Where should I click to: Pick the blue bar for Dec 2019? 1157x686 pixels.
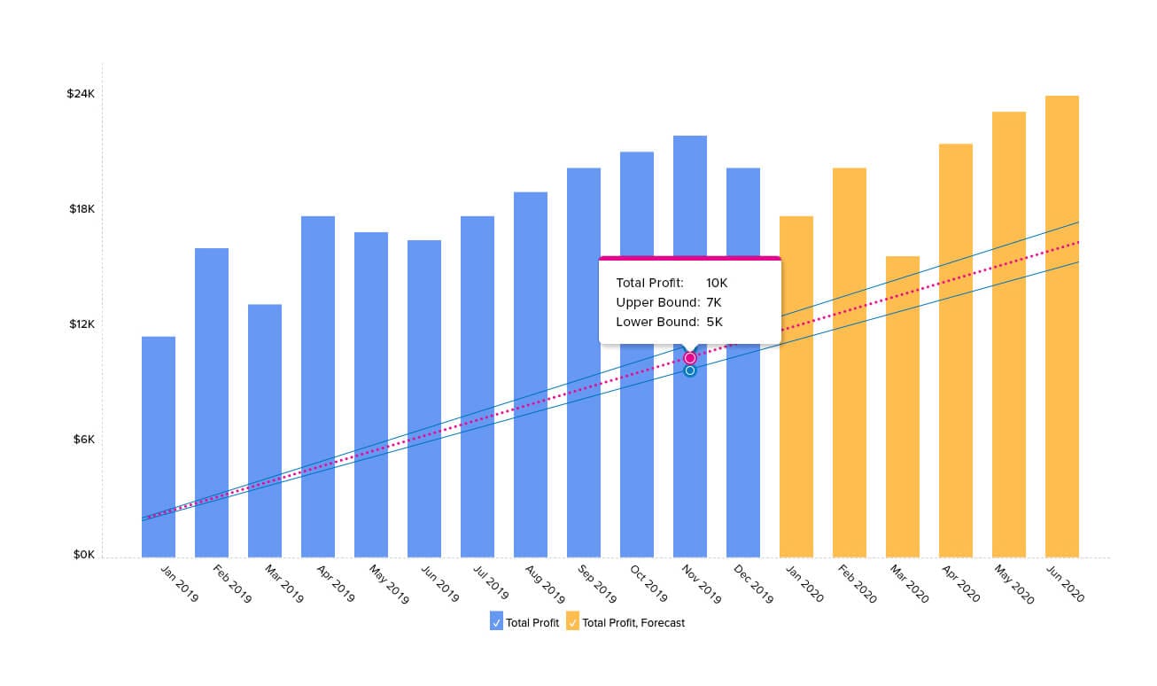tap(743, 443)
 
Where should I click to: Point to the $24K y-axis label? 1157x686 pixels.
tap(81, 94)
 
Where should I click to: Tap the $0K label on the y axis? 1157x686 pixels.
tap(84, 556)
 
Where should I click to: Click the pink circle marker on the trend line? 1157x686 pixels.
tap(690, 358)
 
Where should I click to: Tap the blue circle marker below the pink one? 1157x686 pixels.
tap(690, 370)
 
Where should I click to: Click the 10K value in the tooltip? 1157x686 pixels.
tap(716, 283)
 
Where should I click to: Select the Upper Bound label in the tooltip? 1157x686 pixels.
tap(657, 302)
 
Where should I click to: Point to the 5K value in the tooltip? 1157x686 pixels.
tap(714, 322)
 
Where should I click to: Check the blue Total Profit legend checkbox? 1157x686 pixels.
tap(496, 622)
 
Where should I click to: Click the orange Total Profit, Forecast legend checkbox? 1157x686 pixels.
tap(573, 622)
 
